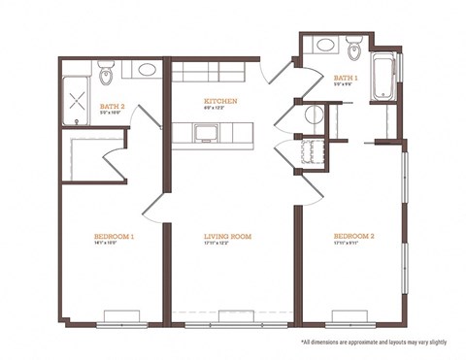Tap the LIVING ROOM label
(x=228, y=236)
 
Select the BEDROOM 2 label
(x=353, y=236)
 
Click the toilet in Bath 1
(x=354, y=45)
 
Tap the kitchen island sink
(x=207, y=132)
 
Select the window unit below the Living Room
(x=234, y=313)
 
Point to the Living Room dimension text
(x=228, y=245)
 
